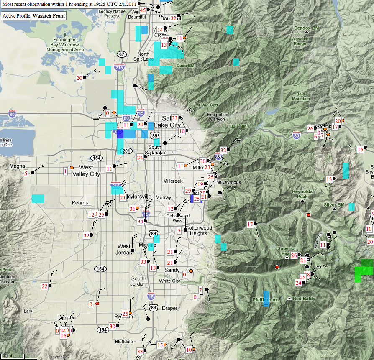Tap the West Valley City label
click(x=86, y=171)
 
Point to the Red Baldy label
click(x=303, y=299)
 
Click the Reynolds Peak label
click(x=302, y=194)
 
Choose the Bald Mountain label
click(x=301, y=96)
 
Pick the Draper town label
click(x=169, y=308)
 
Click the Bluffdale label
click(x=124, y=342)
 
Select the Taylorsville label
click(x=140, y=197)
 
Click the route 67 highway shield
click(x=122, y=54)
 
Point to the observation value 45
click(x=143, y=10)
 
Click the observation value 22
click(x=44, y=286)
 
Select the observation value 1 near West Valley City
click(x=65, y=171)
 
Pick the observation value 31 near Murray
click(x=132, y=209)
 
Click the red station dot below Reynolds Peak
click(x=309, y=215)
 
